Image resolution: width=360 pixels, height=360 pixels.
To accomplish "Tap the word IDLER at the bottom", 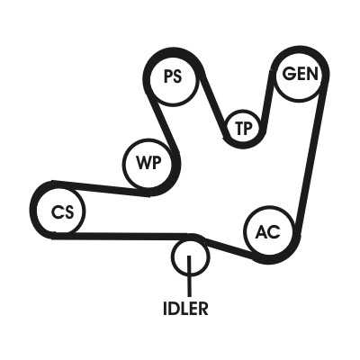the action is (x=185, y=308).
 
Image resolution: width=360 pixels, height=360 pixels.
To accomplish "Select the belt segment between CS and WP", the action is (x=101, y=187).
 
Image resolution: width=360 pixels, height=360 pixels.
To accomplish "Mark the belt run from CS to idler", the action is (x=124, y=236).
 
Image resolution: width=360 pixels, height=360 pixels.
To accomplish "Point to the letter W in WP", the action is (x=144, y=164).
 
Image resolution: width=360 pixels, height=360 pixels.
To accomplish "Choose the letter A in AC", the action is (x=262, y=231).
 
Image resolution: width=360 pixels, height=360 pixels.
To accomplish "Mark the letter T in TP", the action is (x=239, y=128).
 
